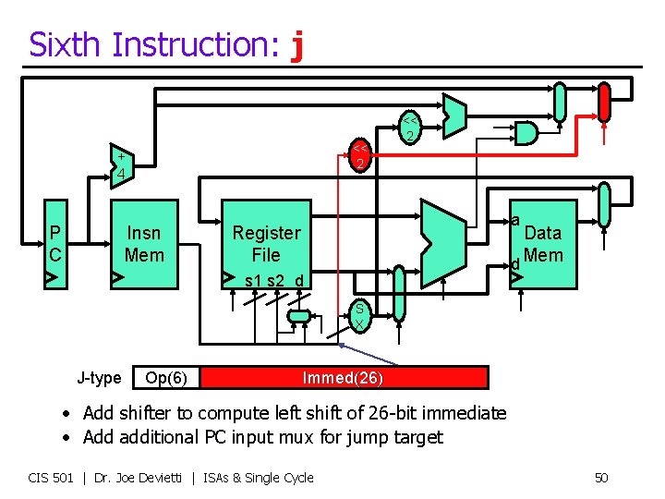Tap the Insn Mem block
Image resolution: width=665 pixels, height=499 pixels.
(144, 244)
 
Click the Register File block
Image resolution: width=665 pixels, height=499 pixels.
(266, 244)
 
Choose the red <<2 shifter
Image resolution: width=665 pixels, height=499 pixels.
(361, 156)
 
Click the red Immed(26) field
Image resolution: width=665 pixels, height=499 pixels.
(343, 377)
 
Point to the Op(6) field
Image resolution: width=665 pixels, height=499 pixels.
(167, 377)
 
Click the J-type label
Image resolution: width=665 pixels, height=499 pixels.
(99, 377)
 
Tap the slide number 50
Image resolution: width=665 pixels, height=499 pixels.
(600, 478)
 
